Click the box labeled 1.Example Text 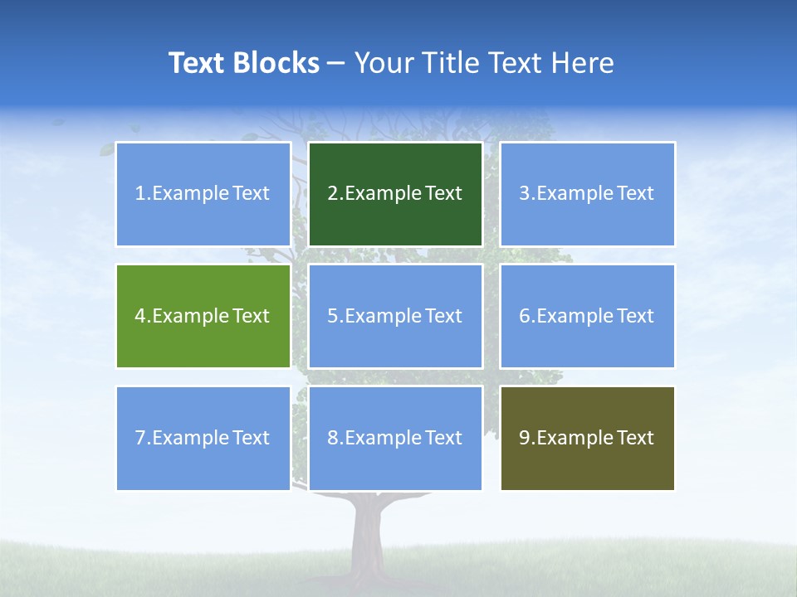[203, 194]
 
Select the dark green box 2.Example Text [395, 194]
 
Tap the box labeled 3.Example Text [587, 194]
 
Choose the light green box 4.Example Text [203, 316]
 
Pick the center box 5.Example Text [395, 316]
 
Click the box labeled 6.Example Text [587, 316]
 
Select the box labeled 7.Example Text [203, 438]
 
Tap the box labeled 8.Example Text [395, 438]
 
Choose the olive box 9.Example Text [587, 438]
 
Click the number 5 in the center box [332, 316]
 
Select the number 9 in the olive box [525, 438]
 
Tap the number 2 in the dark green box [332, 194]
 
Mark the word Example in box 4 [190, 316]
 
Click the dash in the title [336, 64]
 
